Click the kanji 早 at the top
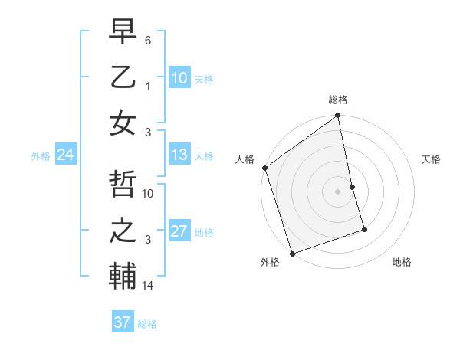point(123,33)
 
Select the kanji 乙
point(123,78)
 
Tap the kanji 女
point(123,123)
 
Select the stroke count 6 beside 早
point(148,40)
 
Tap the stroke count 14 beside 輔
point(149,286)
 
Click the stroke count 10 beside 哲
point(149,194)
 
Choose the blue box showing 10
point(179,77)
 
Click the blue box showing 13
point(179,155)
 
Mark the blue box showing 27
point(179,231)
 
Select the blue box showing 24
point(65,155)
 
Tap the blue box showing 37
point(122,322)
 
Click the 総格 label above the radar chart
point(338,100)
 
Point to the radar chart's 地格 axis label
point(402,262)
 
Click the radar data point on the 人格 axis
point(264,168)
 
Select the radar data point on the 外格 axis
point(292,254)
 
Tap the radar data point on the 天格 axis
point(352,187)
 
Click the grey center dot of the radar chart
point(337,191)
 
